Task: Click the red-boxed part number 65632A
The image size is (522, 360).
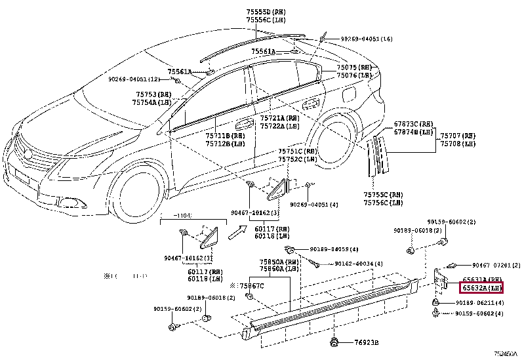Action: tap(482, 287)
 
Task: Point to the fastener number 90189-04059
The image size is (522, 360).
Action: tap(336, 249)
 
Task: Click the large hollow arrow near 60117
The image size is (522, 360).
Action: tap(235, 231)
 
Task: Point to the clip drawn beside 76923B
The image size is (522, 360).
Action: tap(334, 341)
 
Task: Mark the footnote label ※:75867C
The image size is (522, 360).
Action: tap(247, 286)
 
